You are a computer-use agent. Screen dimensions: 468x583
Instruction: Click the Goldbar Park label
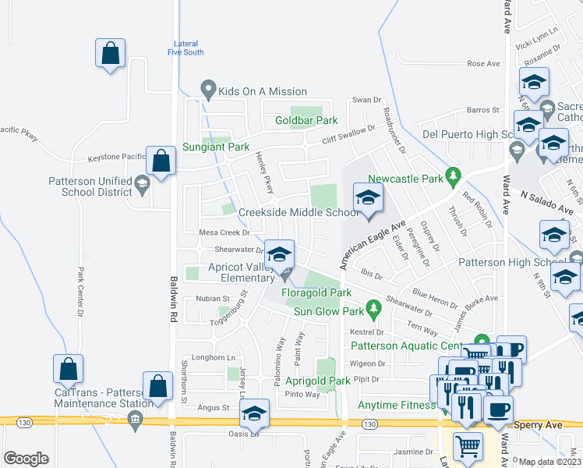(x=306, y=121)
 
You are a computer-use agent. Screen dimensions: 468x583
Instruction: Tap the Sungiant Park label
(x=216, y=147)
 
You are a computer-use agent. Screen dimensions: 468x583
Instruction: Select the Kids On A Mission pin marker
(x=207, y=90)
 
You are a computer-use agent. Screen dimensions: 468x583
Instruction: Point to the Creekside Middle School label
(x=299, y=212)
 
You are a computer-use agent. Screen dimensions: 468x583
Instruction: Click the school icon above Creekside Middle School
(x=369, y=197)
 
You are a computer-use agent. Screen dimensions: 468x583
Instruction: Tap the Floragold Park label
(x=319, y=292)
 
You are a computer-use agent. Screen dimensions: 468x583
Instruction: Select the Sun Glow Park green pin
(x=374, y=311)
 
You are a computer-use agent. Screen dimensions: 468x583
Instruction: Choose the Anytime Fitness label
(x=396, y=405)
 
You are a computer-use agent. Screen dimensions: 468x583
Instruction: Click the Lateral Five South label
(x=185, y=48)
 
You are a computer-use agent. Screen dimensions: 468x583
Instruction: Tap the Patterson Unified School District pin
(x=141, y=185)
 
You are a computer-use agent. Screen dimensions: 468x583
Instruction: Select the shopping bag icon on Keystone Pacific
(x=161, y=161)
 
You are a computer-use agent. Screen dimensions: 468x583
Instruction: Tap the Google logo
(x=26, y=459)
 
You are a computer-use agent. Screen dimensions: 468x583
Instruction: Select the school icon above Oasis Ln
(x=254, y=413)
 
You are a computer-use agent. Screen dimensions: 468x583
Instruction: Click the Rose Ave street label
(x=482, y=64)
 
